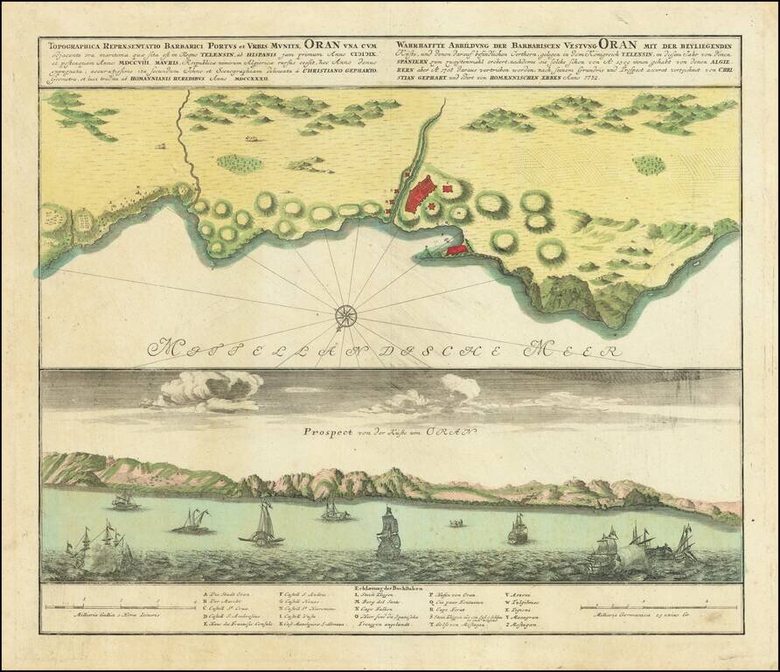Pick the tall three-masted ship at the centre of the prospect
pos(388,533)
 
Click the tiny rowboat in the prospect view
pos(455,523)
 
